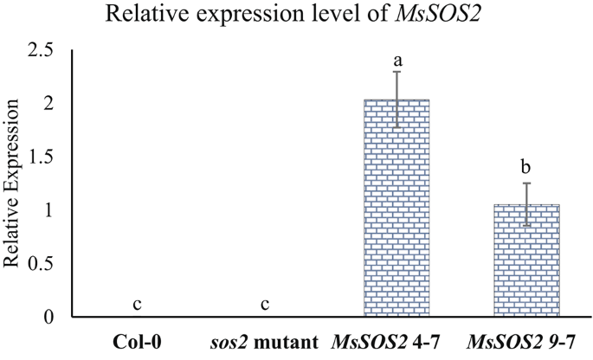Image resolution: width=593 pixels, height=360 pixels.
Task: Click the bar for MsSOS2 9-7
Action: coord(525,260)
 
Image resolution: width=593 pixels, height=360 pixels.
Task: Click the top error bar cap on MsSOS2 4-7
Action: coord(396,71)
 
